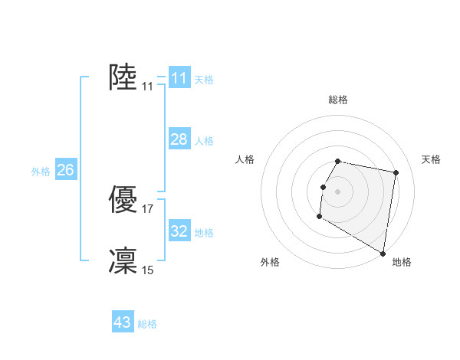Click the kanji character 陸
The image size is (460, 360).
click(x=123, y=77)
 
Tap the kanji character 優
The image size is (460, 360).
click(x=123, y=200)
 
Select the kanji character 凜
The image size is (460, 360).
click(x=123, y=260)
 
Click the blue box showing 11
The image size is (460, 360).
click(x=179, y=77)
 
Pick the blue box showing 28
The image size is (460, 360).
click(x=179, y=139)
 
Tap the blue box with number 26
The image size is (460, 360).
click(x=65, y=170)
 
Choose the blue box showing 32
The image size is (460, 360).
click(x=179, y=231)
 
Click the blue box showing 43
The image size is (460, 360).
click(x=123, y=322)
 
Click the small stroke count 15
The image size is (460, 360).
click(x=148, y=270)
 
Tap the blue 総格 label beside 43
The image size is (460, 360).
click(x=147, y=324)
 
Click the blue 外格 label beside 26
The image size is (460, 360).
click(x=41, y=172)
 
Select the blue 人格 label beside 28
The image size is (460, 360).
click(x=204, y=141)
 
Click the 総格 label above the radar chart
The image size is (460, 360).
click(x=338, y=100)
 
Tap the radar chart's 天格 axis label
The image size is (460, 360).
click(x=432, y=159)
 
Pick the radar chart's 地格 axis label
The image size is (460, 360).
click(x=402, y=262)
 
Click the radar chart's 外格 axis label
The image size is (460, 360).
click(x=270, y=262)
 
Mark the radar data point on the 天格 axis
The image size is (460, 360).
click(x=396, y=173)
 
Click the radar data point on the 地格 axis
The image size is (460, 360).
click(x=383, y=254)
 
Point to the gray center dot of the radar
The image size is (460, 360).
click(x=338, y=191)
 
